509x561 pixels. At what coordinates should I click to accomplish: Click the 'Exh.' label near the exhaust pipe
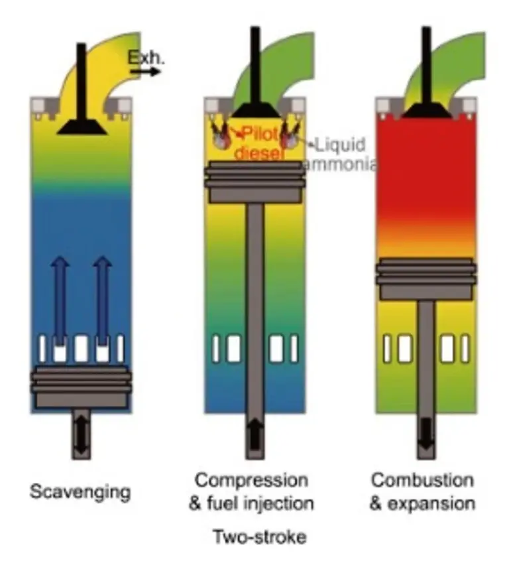(144, 58)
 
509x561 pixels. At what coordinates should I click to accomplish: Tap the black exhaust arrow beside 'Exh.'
(149, 71)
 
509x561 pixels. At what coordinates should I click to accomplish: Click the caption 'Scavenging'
(80, 492)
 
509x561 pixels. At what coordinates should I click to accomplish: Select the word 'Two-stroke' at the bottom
(254, 536)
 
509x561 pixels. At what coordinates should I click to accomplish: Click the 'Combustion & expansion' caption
(422, 491)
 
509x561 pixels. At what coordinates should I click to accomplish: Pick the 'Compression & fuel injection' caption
(251, 491)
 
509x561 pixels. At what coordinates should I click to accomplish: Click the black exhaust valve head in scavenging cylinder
(82, 126)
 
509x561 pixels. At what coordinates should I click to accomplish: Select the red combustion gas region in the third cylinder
(426, 172)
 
